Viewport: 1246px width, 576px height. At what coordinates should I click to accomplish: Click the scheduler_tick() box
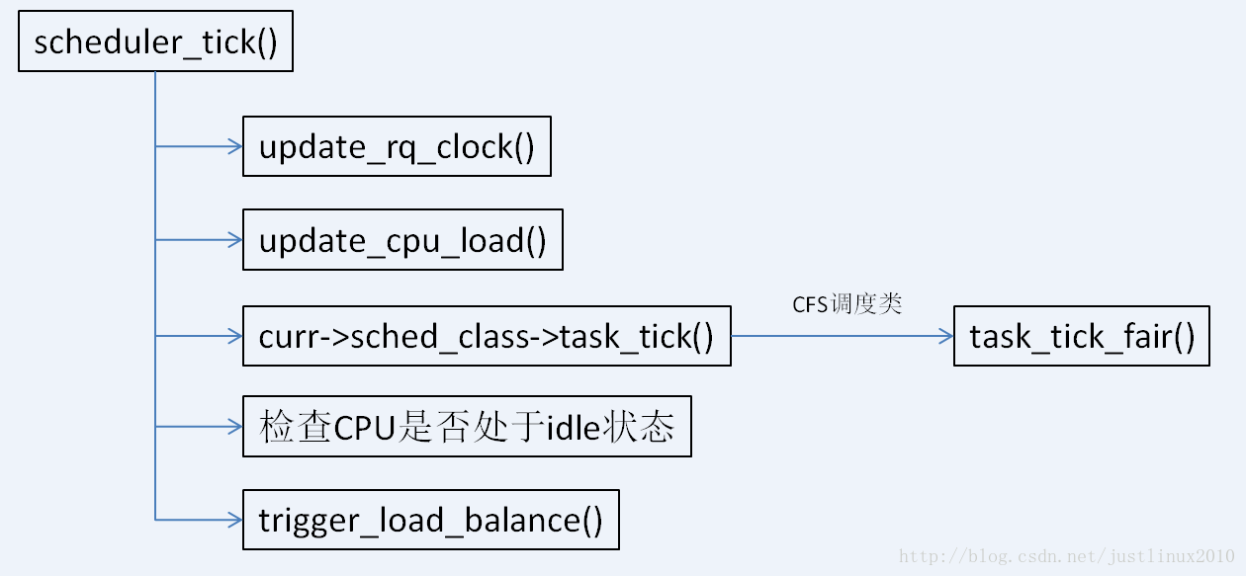(155, 42)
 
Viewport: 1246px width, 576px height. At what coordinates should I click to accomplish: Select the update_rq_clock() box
(397, 147)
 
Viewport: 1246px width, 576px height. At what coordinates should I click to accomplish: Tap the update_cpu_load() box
(402, 239)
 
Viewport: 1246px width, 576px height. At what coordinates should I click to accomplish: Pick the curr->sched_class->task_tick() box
(487, 336)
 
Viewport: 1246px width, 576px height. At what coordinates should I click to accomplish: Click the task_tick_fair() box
(1081, 336)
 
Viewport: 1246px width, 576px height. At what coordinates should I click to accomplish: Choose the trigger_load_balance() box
(430, 520)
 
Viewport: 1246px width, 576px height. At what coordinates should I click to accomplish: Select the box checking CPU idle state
(467, 427)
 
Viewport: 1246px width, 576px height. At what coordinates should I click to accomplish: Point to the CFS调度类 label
(847, 304)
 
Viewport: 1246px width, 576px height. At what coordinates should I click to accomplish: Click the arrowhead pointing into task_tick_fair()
(946, 336)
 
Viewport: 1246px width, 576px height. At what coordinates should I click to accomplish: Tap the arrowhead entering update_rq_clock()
(235, 147)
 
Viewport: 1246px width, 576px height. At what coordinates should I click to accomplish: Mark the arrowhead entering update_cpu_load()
(235, 239)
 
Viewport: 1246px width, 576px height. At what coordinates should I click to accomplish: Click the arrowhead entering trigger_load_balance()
(235, 520)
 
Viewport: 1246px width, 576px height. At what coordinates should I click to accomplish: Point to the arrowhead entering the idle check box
(235, 427)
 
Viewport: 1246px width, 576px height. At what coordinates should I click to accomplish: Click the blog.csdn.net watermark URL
(1066, 556)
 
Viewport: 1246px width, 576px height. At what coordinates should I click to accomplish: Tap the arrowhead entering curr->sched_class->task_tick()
(235, 336)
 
